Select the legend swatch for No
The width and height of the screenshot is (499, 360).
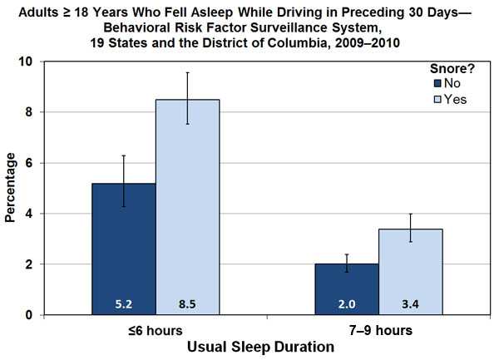437,84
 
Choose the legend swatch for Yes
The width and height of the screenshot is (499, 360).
437,99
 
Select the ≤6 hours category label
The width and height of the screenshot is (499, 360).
156,330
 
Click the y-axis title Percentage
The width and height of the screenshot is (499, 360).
11,190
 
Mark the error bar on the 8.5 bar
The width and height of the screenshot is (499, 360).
188,98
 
